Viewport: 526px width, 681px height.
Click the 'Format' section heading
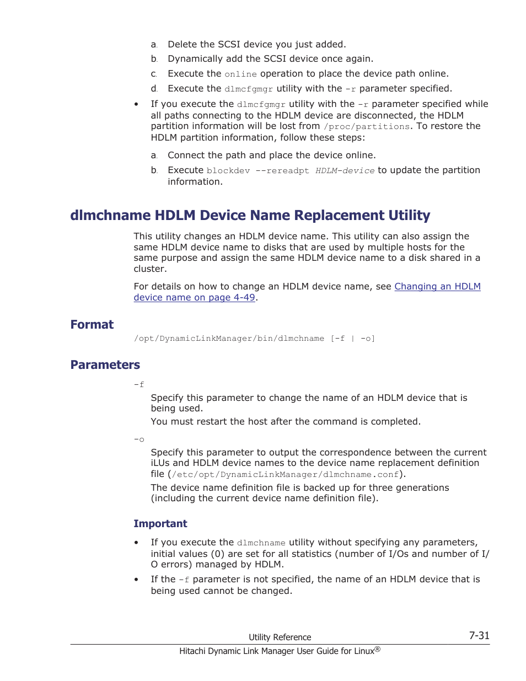[x=92, y=324]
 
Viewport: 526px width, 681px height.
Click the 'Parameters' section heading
[x=105, y=364]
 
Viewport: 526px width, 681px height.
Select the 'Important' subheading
[x=160, y=523]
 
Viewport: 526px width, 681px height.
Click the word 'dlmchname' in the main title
[x=110, y=215]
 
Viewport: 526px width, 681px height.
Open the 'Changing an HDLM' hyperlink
[x=437, y=286]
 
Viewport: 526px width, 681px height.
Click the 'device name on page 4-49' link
[x=194, y=297]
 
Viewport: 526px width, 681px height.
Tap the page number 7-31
[x=479, y=635]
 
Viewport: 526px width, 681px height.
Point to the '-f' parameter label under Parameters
[x=139, y=384]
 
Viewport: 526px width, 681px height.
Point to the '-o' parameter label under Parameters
[x=139, y=439]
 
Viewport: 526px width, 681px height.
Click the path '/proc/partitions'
[x=367, y=127]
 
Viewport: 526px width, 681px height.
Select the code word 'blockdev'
[x=228, y=171]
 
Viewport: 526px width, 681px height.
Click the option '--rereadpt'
[x=282, y=171]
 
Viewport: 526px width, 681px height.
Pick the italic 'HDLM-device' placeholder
[x=345, y=171]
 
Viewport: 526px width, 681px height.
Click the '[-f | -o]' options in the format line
[x=353, y=339]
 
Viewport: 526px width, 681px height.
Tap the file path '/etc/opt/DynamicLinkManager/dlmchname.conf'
[x=285, y=475]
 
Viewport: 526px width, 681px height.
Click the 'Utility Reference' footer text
[x=280, y=637]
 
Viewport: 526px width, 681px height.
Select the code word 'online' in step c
[x=240, y=74]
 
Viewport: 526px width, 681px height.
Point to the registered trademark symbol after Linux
[x=378, y=649]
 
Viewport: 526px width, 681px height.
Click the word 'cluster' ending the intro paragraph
[x=149, y=269]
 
